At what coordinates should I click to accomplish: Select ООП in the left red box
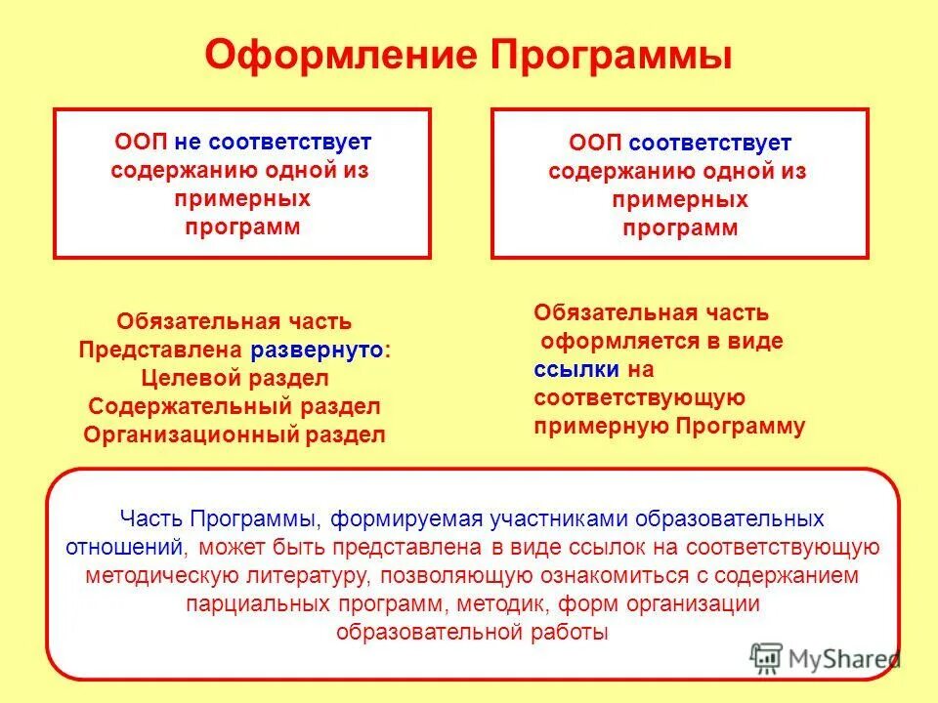tap(142, 141)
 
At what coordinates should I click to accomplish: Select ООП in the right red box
tap(596, 144)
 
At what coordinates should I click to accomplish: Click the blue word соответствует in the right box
tap(710, 144)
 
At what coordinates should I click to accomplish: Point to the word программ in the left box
tap(242, 227)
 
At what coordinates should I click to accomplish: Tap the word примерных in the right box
tap(680, 201)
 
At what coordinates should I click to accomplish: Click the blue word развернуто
tap(320, 351)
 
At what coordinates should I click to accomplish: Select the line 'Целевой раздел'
tap(234, 378)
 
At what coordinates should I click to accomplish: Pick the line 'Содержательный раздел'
tap(234, 406)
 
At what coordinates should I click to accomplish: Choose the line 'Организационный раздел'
tap(234, 434)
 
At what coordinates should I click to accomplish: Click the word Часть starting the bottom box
tap(152, 517)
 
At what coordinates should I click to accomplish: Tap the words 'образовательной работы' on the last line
tap(471, 632)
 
